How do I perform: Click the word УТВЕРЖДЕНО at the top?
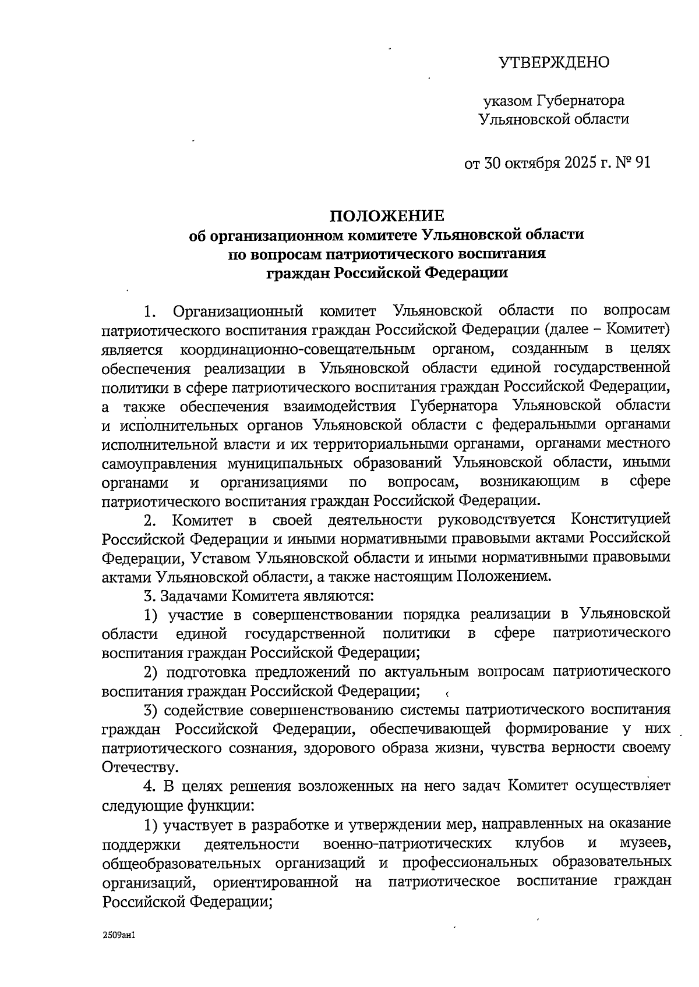tap(554, 62)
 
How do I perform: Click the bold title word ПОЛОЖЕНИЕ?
tap(387, 216)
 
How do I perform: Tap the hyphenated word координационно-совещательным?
tap(298, 349)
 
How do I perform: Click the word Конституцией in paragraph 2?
tap(620, 519)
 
